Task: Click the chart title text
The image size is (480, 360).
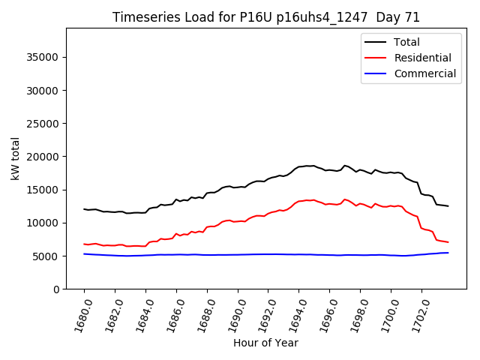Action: click(266, 17)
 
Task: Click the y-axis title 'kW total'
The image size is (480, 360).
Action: click(15, 158)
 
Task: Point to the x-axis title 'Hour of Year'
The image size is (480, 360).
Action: click(265, 343)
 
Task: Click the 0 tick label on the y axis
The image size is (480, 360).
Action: click(57, 289)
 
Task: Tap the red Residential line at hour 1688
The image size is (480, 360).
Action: click(207, 226)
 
